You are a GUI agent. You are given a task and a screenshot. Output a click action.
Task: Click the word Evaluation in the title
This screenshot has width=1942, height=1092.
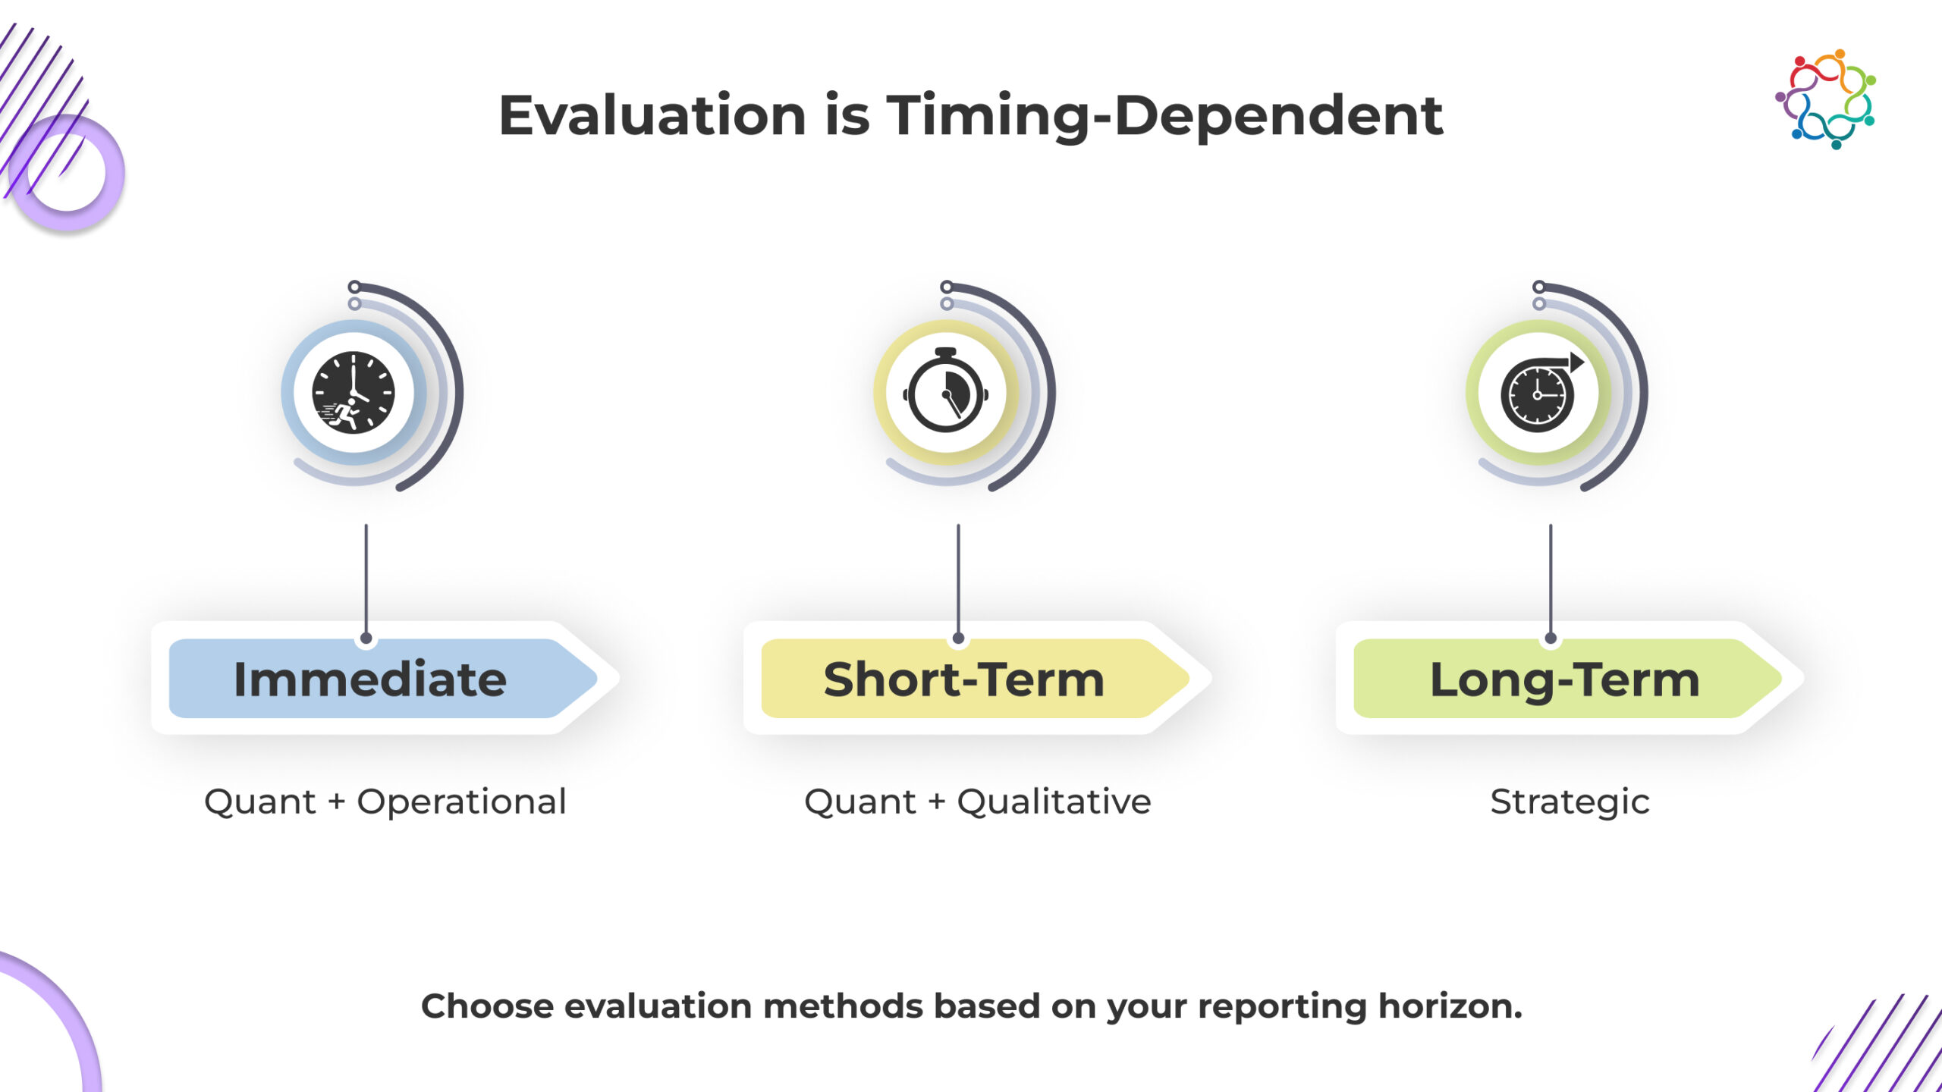point(652,116)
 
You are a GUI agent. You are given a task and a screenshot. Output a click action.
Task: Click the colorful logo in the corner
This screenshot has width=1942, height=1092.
point(1825,99)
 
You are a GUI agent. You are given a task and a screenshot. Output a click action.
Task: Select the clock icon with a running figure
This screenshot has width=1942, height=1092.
point(354,393)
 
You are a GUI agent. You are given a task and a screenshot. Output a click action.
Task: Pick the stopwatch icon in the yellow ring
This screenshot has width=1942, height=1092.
point(945,391)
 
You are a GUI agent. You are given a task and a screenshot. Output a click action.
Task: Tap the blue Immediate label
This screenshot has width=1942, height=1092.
point(382,679)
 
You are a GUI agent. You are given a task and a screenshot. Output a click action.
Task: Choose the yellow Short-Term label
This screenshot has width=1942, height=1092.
point(975,679)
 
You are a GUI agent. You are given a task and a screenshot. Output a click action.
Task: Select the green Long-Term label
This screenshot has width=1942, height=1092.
point(1567,679)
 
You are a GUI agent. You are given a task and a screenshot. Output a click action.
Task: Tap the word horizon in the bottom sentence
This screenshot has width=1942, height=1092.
point(1450,1006)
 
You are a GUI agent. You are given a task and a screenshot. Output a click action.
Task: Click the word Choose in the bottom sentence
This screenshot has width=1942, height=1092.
point(488,1006)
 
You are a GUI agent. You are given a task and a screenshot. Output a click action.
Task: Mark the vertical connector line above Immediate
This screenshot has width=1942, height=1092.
point(366,579)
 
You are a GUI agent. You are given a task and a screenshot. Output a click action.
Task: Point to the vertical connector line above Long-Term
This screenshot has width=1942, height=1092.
point(1551,579)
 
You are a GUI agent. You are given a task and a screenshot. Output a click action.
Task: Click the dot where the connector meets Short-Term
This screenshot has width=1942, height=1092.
point(958,639)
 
